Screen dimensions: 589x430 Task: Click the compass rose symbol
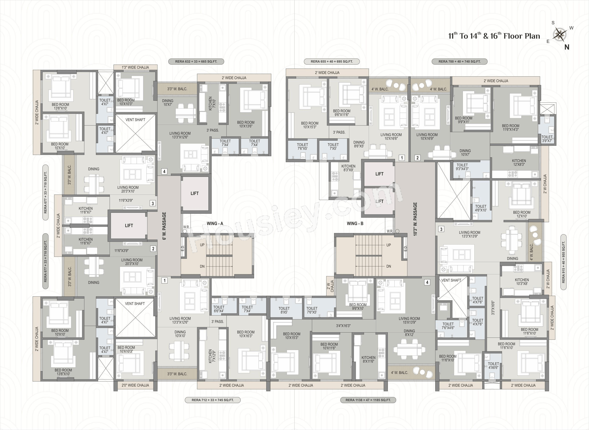coord(560,35)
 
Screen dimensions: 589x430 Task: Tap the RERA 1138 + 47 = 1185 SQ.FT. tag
coord(368,400)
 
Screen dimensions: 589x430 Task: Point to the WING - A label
coord(215,223)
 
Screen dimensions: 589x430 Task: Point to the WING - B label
coord(355,223)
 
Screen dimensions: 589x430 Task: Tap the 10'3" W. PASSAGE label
coord(415,219)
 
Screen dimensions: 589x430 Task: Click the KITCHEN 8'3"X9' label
coord(348,168)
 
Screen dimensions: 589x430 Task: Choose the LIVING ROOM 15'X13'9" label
coord(409,320)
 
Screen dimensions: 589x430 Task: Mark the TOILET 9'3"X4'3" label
coord(462,167)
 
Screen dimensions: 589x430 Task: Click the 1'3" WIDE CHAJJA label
coord(135,67)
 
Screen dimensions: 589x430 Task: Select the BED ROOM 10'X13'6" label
coord(246,124)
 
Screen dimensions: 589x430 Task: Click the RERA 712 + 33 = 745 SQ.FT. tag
coord(212,400)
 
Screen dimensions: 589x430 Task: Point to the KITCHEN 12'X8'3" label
coord(519,163)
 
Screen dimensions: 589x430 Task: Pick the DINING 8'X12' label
coord(409,333)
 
